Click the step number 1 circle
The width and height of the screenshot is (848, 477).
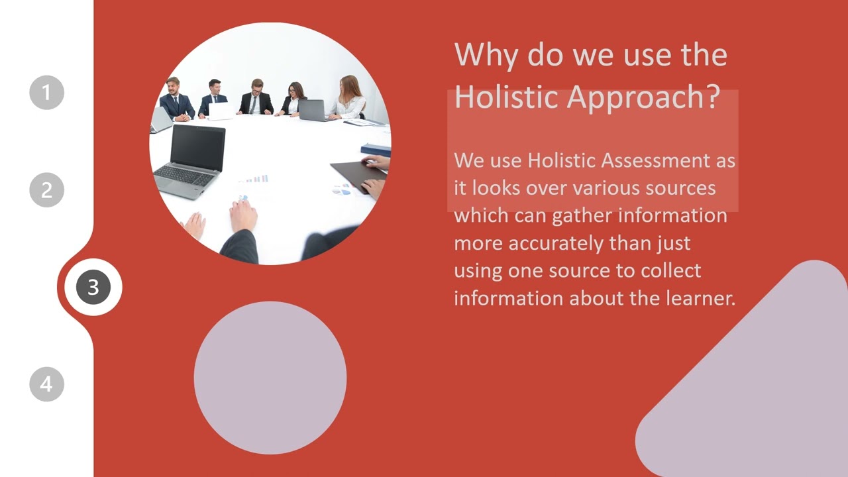46,93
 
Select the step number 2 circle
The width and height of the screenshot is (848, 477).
46,190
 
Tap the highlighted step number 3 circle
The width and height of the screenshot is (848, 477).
93,287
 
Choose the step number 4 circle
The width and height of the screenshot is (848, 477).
46,384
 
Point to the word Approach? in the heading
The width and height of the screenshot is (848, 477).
643,98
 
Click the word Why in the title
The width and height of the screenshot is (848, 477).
486,54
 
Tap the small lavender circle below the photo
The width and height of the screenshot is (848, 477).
270,378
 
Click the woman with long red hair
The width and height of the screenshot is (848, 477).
350,97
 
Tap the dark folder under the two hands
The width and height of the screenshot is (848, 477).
356,175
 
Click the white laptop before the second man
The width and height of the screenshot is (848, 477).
220,111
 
